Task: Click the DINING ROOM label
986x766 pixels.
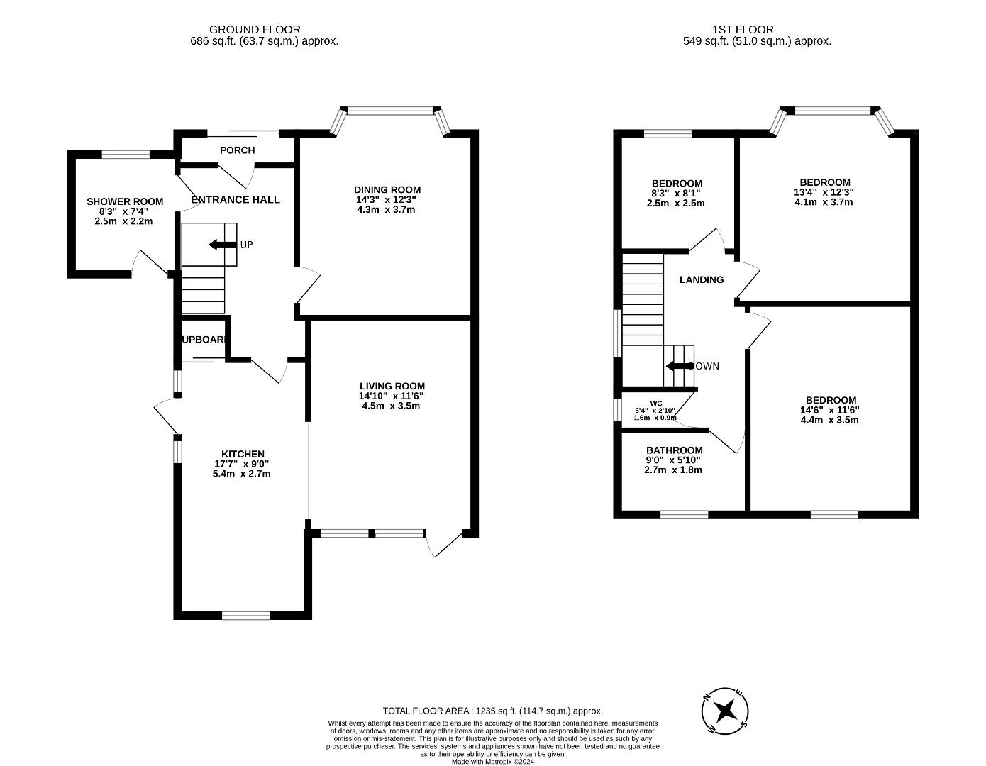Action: pyautogui.click(x=387, y=189)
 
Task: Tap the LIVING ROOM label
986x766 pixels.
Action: pyautogui.click(x=392, y=386)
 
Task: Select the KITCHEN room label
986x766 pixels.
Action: pyautogui.click(x=243, y=454)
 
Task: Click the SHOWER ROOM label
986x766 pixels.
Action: pyautogui.click(x=125, y=201)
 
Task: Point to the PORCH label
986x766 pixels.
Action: pyautogui.click(x=237, y=150)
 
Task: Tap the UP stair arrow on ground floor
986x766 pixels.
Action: pyautogui.click(x=222, y=245)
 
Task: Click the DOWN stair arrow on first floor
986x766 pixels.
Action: pyautogui.click(x=679, y=366)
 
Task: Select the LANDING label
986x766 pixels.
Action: pyautogui.click(x=702, y=279)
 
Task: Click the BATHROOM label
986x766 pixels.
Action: pyautogui.click(x=674, y=450)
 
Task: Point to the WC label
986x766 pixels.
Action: pyautogui.click(x=655, y=403)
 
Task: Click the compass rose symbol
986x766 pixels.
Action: pyautogui.click(x=725, y=710)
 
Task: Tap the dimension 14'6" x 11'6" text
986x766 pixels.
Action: pyautogui.click(x=829, y=410)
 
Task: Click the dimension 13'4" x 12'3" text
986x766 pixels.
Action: pyautogui.click(x=824, y=192)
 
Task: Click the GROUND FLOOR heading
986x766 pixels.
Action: pyautogui.click(x=255, y=30)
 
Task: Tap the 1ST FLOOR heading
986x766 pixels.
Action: pyautogui.click(x=743, y=30)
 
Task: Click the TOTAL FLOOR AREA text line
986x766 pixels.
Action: pyautogui.click(x=492, y=711)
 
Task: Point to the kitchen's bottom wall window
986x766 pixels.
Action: pyautogui.click(x=245, y=615)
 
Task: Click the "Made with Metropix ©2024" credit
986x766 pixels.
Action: pyautogui.click(x=492, y=762)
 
